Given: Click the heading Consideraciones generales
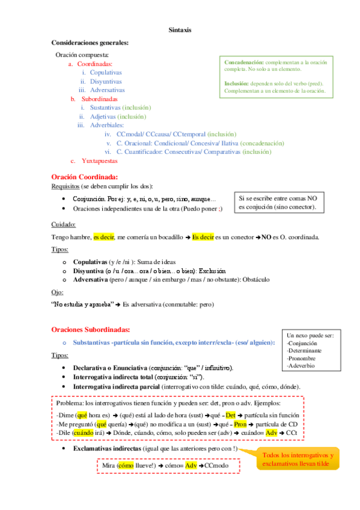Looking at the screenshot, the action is click(x=90, y=42).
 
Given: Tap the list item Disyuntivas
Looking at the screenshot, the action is click(x=106, y=81).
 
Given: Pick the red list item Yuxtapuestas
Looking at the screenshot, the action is click(x=100, y=161).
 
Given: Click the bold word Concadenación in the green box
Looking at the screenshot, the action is click(x=243, y=62).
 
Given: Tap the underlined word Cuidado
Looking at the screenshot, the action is click(x=63, y=224).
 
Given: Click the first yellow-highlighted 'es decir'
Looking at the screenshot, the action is click(x=104, y=238).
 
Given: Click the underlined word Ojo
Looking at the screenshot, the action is click(x=57, y=292).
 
